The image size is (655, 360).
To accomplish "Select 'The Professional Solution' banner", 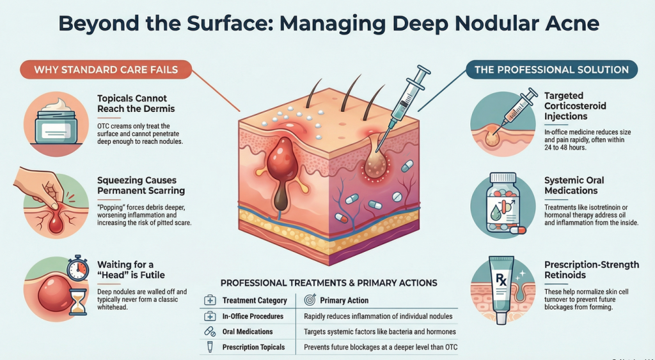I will tap(551, 69).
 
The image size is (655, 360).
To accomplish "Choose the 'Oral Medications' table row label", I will tap(247, 332).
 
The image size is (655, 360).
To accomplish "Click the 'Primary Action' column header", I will tap(344, 300).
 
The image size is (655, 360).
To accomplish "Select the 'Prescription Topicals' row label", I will tap(253, 348).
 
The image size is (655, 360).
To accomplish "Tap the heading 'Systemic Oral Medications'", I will tap(574, 185).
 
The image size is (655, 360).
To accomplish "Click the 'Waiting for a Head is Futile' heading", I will tap(130, 270).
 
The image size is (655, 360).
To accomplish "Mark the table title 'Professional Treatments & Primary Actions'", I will tap(329, 283).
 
